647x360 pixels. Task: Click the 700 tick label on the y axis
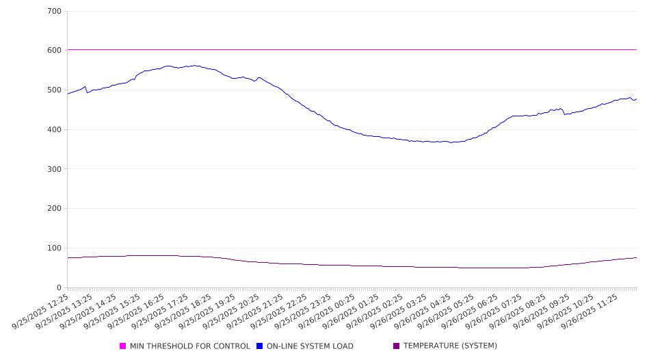55,12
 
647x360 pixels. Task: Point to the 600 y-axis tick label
55,51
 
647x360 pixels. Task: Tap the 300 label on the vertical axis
55,169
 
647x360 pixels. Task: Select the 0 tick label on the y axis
60,287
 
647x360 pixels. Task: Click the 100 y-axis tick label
55,248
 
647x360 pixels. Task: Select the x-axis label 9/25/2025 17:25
163,312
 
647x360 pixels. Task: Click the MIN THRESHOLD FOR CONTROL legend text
189,346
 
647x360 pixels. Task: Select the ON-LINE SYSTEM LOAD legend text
310,346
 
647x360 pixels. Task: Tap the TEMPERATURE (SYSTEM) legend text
450,346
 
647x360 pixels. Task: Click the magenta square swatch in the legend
123,346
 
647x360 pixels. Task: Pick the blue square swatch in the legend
260,346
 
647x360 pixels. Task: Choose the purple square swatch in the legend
397,346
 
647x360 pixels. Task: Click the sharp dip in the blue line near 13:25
87,92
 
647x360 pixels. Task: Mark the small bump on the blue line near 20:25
259,78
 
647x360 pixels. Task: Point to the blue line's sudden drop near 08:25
564,114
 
